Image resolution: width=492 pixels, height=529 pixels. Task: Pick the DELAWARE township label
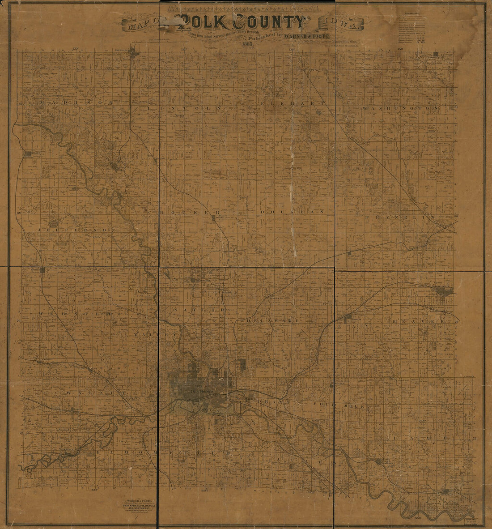[272, 321]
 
